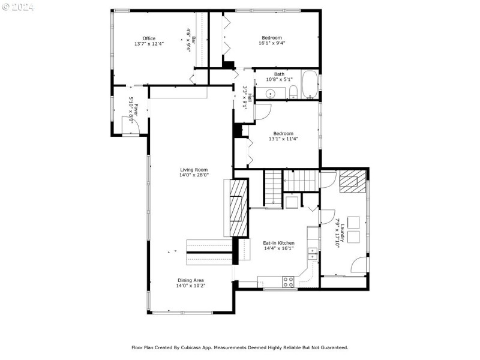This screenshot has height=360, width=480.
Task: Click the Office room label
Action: coord(149,38)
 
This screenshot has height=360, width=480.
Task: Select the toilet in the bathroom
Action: coord(293,92)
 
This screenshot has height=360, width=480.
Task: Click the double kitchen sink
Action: coord(313,254)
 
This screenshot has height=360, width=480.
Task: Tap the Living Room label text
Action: coord(194,170)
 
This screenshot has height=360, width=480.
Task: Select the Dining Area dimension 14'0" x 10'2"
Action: coord(191,286)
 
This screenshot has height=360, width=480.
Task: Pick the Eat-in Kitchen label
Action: coord(278,243)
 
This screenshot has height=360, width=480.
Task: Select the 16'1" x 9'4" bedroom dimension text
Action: coord(272,43)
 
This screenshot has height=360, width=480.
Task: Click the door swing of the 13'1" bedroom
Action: coord(263,112)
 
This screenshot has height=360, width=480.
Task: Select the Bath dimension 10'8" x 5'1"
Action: coord(279,79)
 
